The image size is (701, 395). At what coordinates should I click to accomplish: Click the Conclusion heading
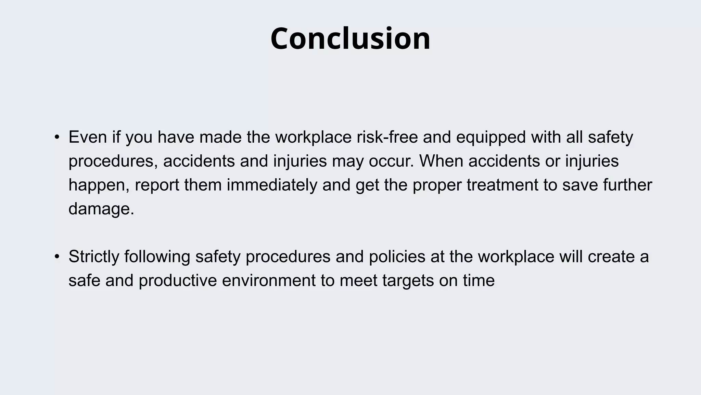pos(350,38)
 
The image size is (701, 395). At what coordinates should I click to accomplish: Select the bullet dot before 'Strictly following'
pos(57,257)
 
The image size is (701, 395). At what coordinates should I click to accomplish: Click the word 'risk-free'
pos(387,137)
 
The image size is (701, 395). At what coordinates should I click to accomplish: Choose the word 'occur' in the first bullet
pos(390,161)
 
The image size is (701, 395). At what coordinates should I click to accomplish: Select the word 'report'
pos(157,185)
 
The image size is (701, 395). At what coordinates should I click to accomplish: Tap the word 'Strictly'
pos(94,257)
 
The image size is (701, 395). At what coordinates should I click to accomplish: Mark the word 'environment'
pos(269,280)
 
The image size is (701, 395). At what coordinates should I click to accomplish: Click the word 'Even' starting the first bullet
pos(88,137)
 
